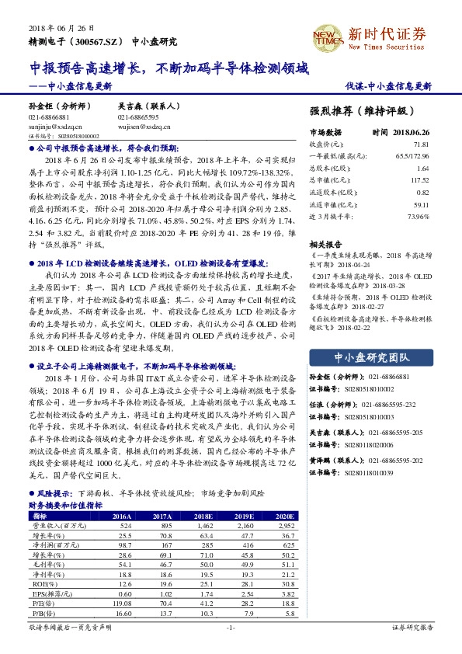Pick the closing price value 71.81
click(421, 144)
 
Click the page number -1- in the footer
click(231, 628)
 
